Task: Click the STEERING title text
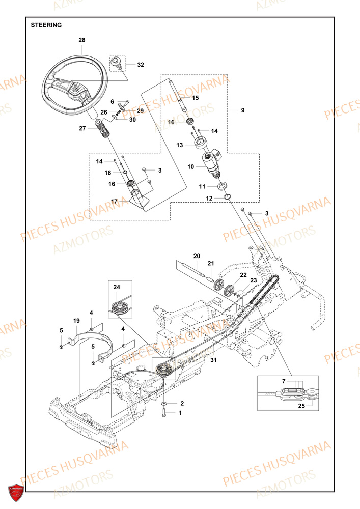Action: click(46, 25)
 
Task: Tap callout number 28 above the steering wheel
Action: click(82, 40)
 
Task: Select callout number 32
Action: click(141, 65)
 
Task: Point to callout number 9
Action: click(242, 110)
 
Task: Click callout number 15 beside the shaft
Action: click(196, 97)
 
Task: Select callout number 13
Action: click(180, 145)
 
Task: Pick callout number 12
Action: click(196, 198)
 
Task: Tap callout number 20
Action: click(197, 256)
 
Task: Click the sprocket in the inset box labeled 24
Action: click(121, 307)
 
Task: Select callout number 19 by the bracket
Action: click(76, 321)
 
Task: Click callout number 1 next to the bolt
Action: click(180, 414)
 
